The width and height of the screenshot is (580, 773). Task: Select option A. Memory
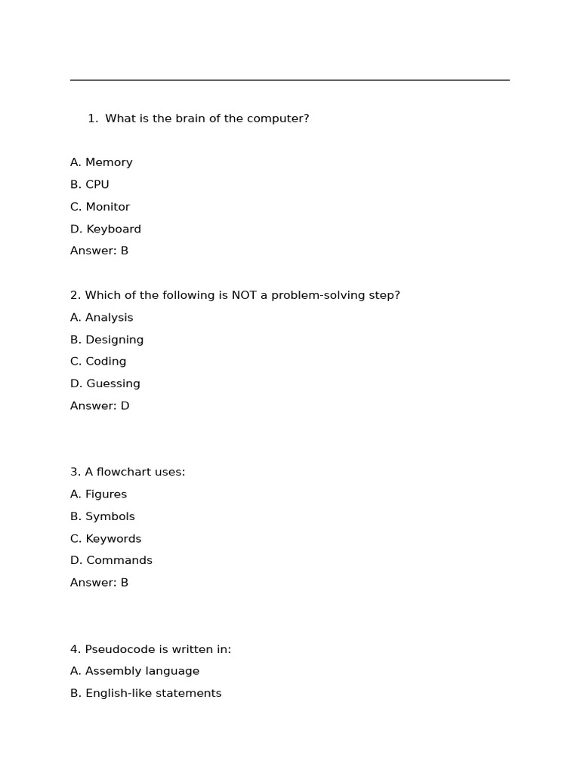pos(101,162)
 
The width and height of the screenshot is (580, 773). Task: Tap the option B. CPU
pos(90,184)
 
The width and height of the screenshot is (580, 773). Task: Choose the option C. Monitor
pos(100,207)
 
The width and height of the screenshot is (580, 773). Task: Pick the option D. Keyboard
pos(106,229)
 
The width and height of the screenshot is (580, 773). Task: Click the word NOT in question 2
pos(244,295)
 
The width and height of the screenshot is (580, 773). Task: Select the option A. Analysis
pos(101,318)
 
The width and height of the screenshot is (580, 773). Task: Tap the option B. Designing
pos(106,340)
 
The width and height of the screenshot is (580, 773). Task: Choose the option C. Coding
pos(98,362)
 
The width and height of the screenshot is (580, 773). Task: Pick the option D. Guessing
pos(105,383)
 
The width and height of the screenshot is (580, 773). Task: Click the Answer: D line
pos(100,406)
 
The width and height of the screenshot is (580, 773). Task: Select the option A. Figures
pos(98,494)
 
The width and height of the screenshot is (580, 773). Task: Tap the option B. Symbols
pos(103,516)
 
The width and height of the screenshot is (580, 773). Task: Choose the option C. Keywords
pos(106,539)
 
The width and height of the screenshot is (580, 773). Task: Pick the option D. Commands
pos(111,560)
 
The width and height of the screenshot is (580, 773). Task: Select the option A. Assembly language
pos(134,671)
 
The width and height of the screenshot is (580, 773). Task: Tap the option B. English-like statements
pos(146,693)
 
